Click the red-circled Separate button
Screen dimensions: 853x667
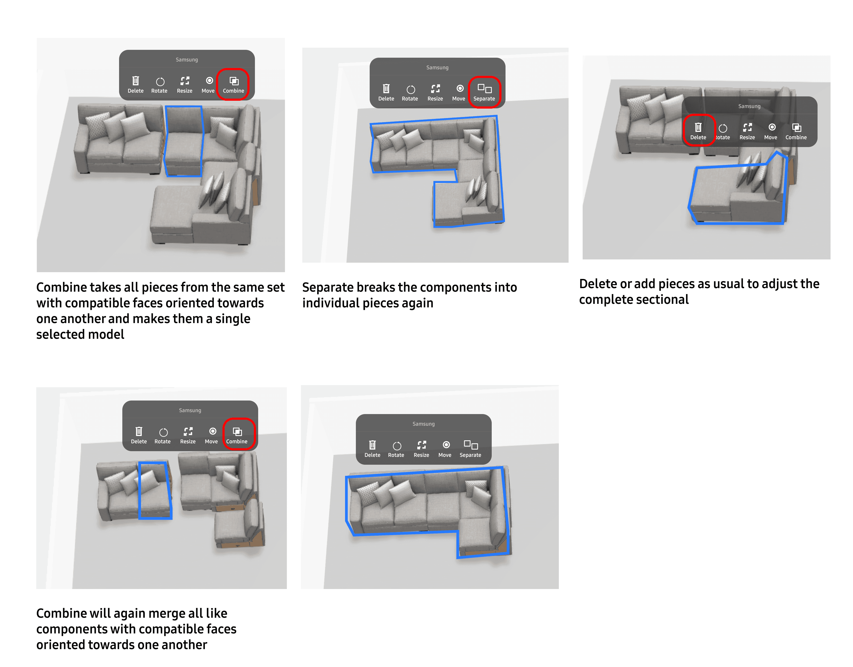click(484, 92)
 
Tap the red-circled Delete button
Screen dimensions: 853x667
click(698, 131)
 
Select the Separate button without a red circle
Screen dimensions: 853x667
click(470, 448)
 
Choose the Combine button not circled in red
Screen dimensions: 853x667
click(796, 131)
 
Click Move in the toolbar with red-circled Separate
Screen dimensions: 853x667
click(459, 92)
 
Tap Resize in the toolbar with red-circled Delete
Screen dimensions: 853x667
click(747, 131)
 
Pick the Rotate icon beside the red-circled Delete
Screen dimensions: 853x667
click(723, 131)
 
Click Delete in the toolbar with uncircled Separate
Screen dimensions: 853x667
click(372, 448)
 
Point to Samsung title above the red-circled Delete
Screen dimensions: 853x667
click(749, 106)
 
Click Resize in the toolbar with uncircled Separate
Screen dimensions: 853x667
click(421, 448)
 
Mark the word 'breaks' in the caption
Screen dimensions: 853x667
click(376, 288)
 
